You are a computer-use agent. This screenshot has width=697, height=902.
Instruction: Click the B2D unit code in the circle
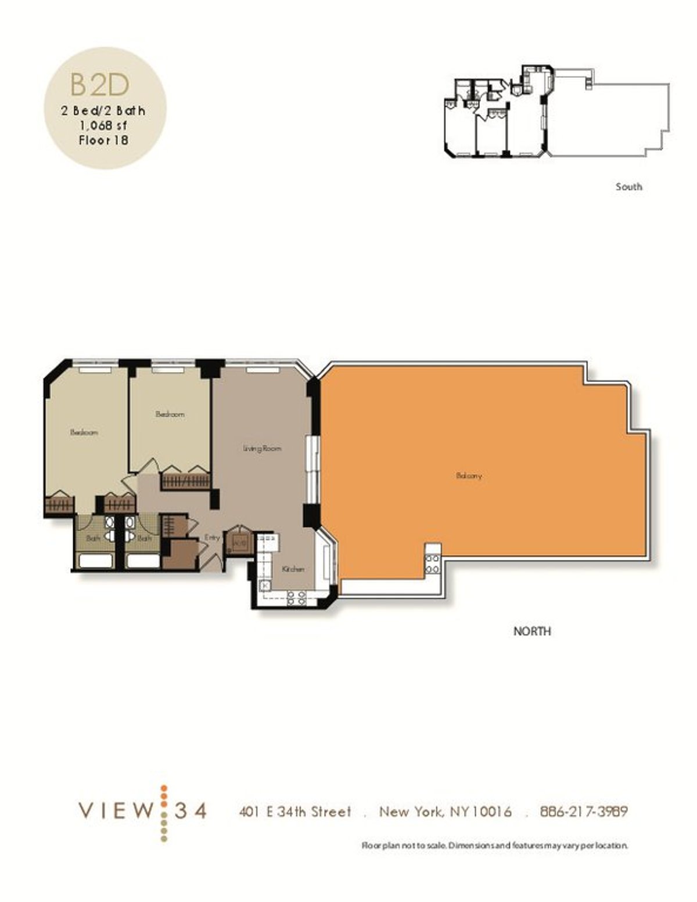coord(99,85)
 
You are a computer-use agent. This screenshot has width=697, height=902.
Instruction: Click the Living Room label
coord(262,449)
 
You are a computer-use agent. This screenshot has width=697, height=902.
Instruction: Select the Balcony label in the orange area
coord(469,476)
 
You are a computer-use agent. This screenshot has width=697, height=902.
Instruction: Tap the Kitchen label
coord(293,569)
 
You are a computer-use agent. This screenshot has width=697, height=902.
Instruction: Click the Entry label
coord(212,538)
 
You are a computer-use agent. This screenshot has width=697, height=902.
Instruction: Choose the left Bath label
coord(93,539)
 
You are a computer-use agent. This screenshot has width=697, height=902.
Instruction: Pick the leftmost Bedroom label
coord(84,432)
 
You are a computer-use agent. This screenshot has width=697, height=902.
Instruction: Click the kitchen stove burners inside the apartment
coord(296,598)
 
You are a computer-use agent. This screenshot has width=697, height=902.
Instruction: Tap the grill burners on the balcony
coord(432,564)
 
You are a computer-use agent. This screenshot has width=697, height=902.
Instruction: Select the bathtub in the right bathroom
coord(143,561)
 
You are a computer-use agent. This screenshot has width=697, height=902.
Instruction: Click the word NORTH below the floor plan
coord(531,631)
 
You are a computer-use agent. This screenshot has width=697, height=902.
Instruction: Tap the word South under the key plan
coord(628,187)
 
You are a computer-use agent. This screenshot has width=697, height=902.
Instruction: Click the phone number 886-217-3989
coord(584,811)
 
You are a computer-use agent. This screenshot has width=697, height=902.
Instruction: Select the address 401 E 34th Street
coord(295,811)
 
